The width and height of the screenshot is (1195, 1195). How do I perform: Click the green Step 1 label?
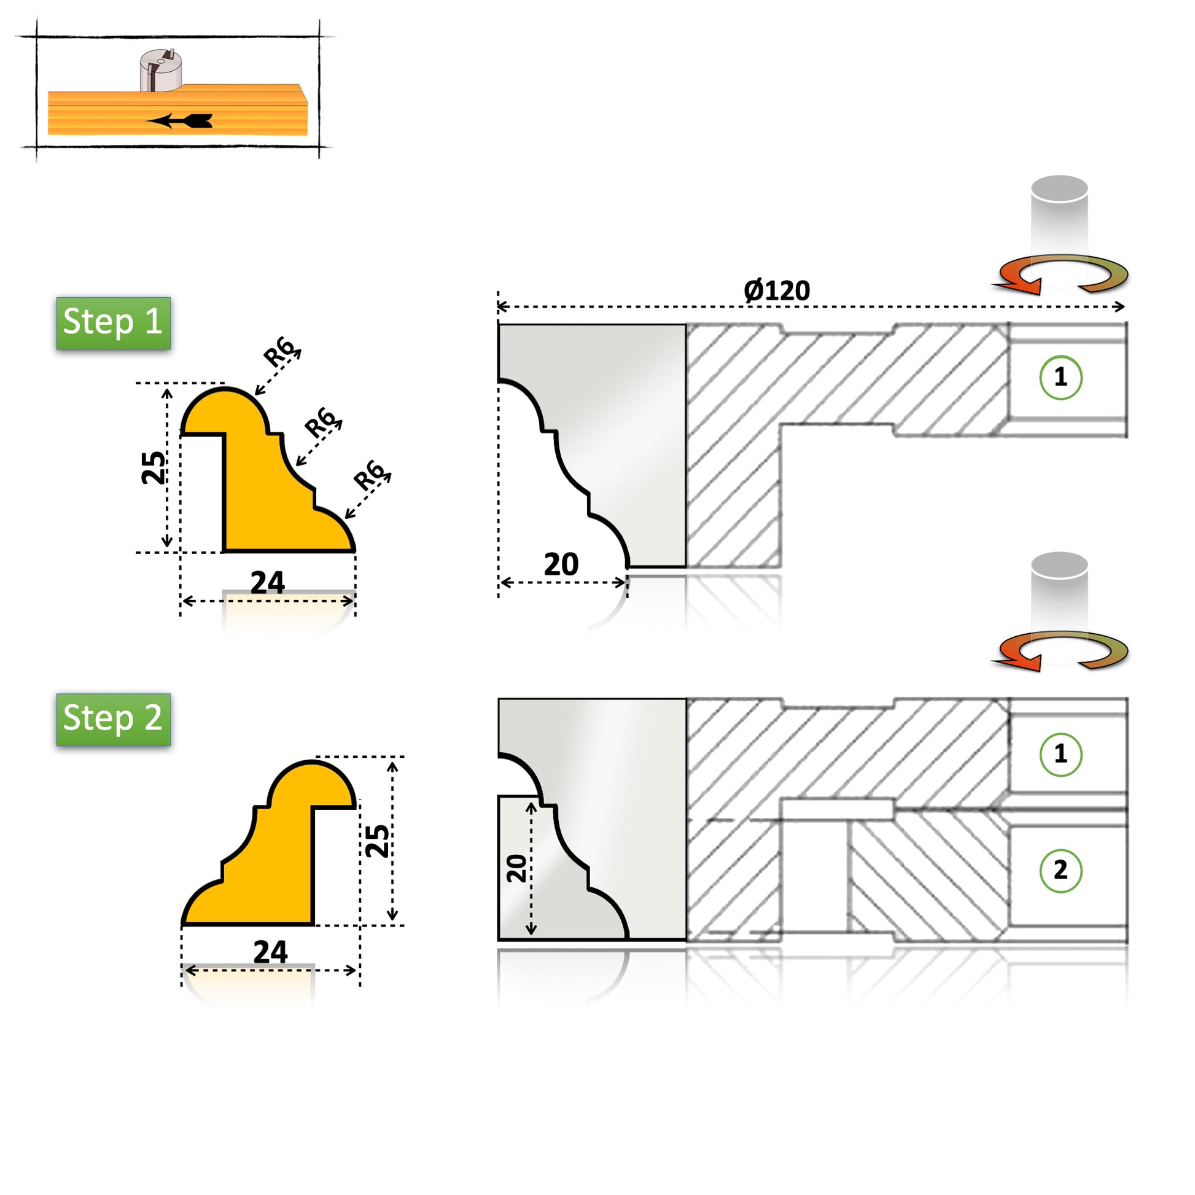point(113,323)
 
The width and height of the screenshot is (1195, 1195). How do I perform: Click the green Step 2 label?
point(113,719)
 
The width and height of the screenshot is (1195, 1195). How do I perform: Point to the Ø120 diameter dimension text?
point(777,290)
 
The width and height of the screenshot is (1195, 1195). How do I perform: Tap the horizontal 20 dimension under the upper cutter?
point(561,564)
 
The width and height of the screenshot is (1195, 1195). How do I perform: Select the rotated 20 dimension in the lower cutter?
point(516,868)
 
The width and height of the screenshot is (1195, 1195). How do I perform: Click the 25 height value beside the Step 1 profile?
point(154,467)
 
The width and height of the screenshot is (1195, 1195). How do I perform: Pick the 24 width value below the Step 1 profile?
point(267,583)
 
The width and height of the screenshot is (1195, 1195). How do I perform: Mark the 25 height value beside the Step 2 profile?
point(377,841)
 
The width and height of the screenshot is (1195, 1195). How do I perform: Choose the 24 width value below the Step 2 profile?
point(270,952)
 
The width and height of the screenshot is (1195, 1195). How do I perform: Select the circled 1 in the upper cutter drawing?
point(1061,377)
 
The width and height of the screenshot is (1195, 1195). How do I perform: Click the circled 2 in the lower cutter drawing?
point(1061,871)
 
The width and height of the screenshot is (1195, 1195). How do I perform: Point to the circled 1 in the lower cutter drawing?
point(1061,754)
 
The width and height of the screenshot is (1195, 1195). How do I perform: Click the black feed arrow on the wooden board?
point(179,120)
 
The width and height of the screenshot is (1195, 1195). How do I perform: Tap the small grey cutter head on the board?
point(161,71)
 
